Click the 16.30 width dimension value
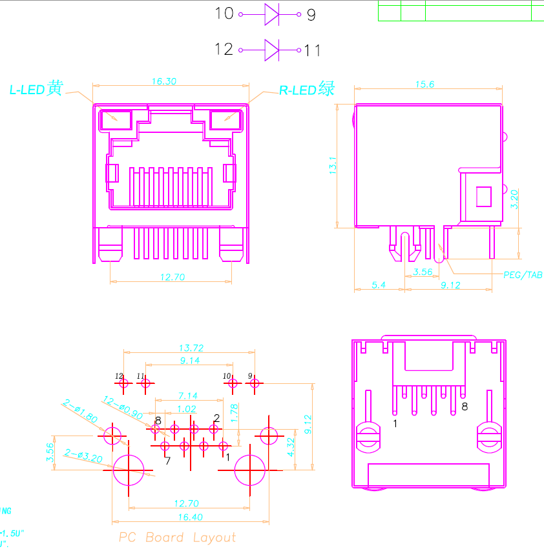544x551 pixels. pos(164,81)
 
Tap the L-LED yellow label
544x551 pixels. pos(36,90)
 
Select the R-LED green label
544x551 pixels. pos(307,90)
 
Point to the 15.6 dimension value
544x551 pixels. pos(424,84)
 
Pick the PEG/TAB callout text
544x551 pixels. pos(523,275)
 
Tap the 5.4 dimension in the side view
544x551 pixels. pos(379,285)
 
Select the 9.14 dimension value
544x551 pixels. pos(190,361)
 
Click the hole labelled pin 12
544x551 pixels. pos(123,383)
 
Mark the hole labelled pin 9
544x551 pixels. pos(254,383)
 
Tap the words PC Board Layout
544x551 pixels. pos(178,537)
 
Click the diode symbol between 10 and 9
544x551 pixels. pos(271,14)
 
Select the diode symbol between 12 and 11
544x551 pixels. pos(271,50)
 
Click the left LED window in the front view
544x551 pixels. pos(116,119)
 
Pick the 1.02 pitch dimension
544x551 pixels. pos(186,408)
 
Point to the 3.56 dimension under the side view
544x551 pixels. pos(423,272)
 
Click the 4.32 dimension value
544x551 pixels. pos(291,446)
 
